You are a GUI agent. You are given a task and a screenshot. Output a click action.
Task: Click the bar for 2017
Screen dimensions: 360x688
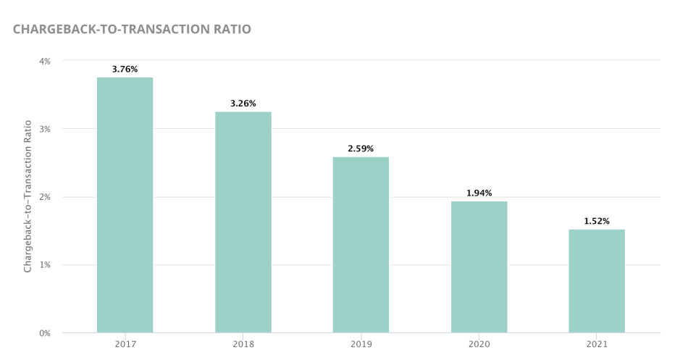click(x=125, y=205)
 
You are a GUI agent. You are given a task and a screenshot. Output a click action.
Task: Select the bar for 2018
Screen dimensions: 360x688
click(x=243, y=222)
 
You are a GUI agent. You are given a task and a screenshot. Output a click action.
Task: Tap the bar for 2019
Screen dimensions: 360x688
click(x=361, y=245)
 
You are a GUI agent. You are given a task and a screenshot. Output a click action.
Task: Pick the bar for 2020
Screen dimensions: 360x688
click(x=479, y=267)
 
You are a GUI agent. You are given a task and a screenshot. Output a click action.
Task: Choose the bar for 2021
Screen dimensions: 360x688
click(x=597, y=281)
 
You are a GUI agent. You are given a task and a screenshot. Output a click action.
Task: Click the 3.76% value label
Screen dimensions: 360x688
click(x=125, y=70)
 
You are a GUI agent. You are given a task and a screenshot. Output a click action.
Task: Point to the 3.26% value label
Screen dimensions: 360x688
click(x=243, y=104)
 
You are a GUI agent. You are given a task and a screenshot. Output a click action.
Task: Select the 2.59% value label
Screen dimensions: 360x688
click(x=361, y=149)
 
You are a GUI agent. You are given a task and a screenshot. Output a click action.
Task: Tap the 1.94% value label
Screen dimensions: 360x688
click(x=479, y=193)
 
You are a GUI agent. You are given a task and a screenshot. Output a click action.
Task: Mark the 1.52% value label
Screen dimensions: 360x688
click(x=597, y=222)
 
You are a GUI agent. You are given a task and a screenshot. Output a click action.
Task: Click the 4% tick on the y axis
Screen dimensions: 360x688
click(x=45, y=62)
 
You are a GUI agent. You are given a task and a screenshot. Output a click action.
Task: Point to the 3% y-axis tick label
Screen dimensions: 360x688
click(x=45, y=129)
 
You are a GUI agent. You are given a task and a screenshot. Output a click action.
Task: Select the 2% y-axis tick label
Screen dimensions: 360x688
click(x=45, y=197)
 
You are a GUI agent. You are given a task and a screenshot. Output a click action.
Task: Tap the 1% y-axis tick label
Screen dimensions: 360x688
click(x=45, y=265)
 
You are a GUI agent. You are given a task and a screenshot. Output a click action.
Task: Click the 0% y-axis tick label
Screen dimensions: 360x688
click(x=45, y=333)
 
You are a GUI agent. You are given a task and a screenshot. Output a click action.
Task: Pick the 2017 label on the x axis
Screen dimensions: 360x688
click(x=125, y=344)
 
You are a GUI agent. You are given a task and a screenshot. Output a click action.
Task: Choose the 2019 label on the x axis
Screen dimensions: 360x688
click(x=361, y=344)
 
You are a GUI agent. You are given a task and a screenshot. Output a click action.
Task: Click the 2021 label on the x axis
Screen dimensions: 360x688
click(x=597, y=344)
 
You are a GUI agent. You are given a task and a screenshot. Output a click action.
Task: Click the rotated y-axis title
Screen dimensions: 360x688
click(x=28, y=196)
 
